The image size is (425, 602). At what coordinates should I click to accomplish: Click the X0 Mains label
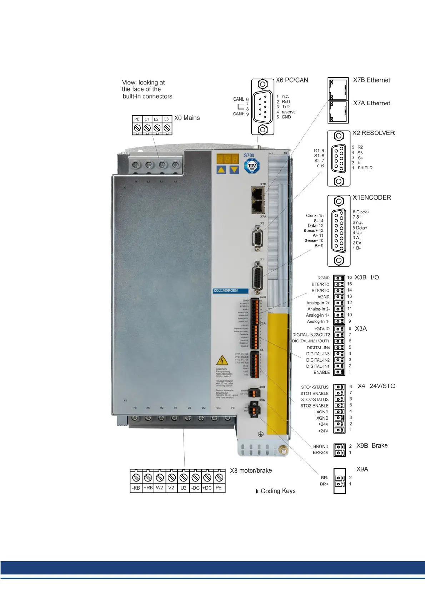coord(187,118)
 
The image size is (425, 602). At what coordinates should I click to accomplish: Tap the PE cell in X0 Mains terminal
coord(137,119)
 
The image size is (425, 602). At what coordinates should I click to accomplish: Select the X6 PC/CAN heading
coord(292,80)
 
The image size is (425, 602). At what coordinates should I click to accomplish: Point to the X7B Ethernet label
coord(371,80)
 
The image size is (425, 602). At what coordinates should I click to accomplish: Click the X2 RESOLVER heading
coord(374,133)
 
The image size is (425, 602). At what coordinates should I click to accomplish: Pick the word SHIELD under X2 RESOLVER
coord(365,168)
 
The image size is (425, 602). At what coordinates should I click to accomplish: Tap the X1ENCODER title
coord(372,197)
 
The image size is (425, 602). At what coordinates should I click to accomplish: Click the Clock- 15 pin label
coord(315,216)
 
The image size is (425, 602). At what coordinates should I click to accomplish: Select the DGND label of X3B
coord(323,278)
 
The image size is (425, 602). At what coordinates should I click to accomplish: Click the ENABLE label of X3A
coord(321,372)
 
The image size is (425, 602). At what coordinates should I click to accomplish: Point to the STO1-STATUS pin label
coord(315,387)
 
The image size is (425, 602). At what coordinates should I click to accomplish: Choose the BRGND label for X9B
coord(320,446)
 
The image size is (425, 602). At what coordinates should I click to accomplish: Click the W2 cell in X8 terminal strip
coord(160,488)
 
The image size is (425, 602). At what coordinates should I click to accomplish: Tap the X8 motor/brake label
coord(251,471)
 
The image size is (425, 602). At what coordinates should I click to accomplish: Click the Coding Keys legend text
coord(278,491)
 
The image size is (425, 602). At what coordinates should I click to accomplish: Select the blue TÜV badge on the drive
coord(252,166)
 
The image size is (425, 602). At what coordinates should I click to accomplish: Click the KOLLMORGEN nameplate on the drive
coord(225,291)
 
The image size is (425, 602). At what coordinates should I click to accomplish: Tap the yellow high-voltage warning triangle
coord(222,360)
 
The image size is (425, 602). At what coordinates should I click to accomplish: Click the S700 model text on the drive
coord(249,155)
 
